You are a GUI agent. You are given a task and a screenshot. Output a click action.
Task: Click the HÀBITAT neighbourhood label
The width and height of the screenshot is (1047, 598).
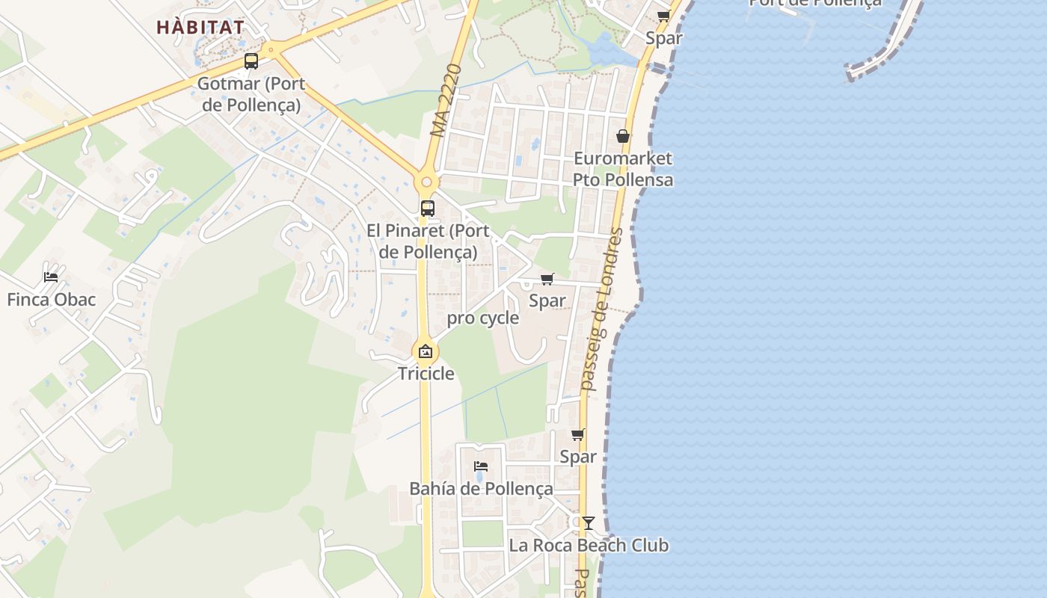200,27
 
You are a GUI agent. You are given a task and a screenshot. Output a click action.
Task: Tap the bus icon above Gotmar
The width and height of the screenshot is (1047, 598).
251,61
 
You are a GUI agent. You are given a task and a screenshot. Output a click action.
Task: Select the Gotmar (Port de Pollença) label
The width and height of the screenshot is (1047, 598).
251,94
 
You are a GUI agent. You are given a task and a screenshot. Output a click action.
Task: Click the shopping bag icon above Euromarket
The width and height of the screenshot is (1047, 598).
622,136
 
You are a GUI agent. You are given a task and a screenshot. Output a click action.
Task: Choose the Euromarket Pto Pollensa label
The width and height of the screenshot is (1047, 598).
623,169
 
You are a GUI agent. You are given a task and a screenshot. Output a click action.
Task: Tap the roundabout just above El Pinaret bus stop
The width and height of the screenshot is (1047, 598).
427,181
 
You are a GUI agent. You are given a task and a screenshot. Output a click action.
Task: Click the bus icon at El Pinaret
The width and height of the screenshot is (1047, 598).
428,209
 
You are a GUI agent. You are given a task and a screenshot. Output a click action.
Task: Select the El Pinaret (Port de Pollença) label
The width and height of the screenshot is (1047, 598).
428,241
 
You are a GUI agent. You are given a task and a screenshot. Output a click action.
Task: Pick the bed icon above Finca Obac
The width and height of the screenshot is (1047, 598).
51,277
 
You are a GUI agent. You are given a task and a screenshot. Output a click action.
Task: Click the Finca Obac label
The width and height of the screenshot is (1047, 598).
52,300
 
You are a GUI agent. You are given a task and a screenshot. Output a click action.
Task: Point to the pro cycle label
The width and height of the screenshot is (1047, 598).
482,318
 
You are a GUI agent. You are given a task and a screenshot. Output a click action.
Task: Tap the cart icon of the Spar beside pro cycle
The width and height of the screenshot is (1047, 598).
547,280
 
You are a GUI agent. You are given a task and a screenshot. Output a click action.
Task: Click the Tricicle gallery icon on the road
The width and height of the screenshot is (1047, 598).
426,351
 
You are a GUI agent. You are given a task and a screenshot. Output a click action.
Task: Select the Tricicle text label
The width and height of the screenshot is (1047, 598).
426,373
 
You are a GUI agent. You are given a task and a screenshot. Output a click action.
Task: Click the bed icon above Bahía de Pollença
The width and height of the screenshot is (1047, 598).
481,466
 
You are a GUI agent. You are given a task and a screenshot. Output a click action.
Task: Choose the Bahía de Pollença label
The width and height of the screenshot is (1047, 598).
481,489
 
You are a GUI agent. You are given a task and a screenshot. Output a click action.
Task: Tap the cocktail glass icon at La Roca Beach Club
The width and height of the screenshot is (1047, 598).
589,523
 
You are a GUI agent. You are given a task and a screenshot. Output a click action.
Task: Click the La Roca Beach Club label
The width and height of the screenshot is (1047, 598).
589,546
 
